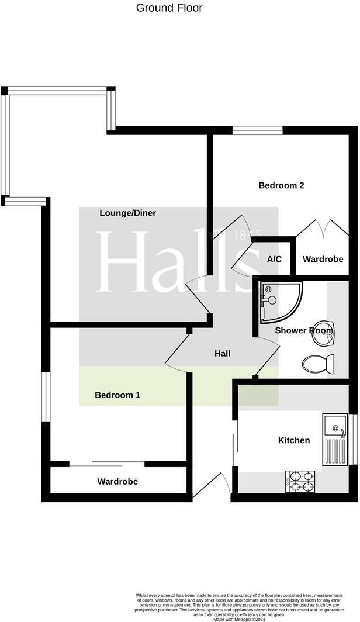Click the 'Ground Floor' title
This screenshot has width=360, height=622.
[x=169, y=8]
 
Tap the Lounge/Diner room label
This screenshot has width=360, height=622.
[x=127, y=213]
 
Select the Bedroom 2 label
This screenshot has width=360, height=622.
[x=281, y=185]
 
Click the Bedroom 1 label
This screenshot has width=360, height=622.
[x=117, y=395]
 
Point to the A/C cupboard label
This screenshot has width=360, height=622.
[x=275, y=259]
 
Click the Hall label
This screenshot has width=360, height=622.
[x=222, y=353]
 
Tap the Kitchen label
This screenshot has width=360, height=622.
[x=294, y=440]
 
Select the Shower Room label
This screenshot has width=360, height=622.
[x=303, y=330]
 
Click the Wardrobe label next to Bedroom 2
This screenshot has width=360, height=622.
[x=323, y=259]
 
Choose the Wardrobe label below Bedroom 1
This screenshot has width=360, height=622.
[x=117, y=482]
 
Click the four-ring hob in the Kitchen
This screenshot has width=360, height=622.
[x=300, y=481]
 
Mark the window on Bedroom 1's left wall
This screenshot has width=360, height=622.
[x=45, y=396]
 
